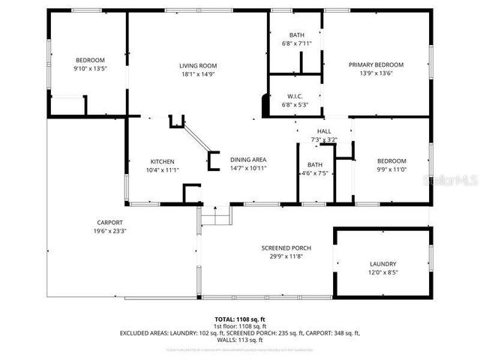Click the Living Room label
click(x=198, y=65)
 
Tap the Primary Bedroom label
click(x=376, y=65)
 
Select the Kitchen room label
click(x=162, y=162)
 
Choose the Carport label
click(x=109, y=222)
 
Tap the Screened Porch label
click(x=286, y=248)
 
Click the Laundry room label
click(x=382, y=264)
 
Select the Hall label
click(x=324, y=131)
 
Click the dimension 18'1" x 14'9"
click(x=198, y=73)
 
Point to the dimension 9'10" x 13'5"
click(x=89, y=68)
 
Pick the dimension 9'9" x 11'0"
click(x=391, y=169)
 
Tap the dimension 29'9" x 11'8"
click(x=286, y=256)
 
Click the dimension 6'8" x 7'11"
click(x=297, y=43)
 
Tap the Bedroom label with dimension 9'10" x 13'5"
click(x=89, y=60)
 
